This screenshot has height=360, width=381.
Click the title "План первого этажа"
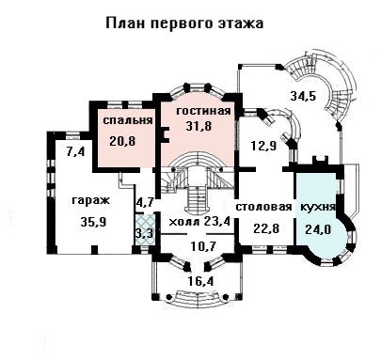click(x=184, y=23)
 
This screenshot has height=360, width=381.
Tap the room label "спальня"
click(x=128, y=120)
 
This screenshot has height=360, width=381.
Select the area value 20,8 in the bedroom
click(x=122, y=141)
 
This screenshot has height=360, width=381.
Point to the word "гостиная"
click(x=203, y=111)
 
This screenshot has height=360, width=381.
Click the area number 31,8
click(x=198, y=126)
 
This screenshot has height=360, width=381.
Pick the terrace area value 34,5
click(x=303, y=96)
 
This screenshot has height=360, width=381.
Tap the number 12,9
click(x=263, y=146)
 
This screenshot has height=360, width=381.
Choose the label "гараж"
click(x=91, y=200)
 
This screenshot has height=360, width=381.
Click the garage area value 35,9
click(x=93, y=222)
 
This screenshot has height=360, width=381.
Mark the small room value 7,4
click(x=75, y=152)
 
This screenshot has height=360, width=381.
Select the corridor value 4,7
click(x=144, y=202)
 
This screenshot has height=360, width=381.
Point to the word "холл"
click(x=184, y=222)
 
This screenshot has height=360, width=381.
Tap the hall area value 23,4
click(x=217, y=222)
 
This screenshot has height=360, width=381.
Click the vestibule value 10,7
click(x=203, y=246)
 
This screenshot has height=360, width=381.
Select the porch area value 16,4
click(x=200, y=281)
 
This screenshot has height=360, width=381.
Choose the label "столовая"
click(x=263, y=207)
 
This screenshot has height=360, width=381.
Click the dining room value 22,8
click(x=266, y=227)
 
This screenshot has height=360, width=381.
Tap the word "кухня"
click(x=318, y=207)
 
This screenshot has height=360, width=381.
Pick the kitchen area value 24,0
click(x=318, y=229)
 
